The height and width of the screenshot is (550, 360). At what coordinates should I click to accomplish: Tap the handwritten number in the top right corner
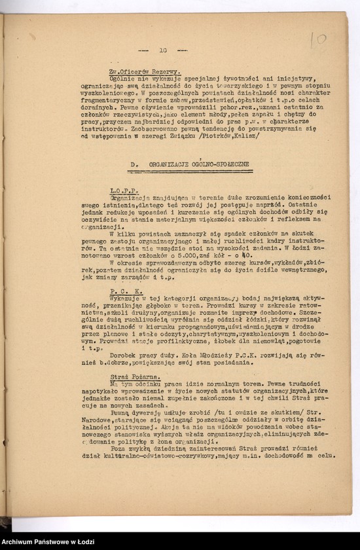[318, 39]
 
